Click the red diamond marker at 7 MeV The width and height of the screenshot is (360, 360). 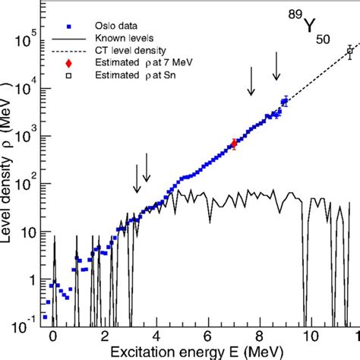tap(234, 144)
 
